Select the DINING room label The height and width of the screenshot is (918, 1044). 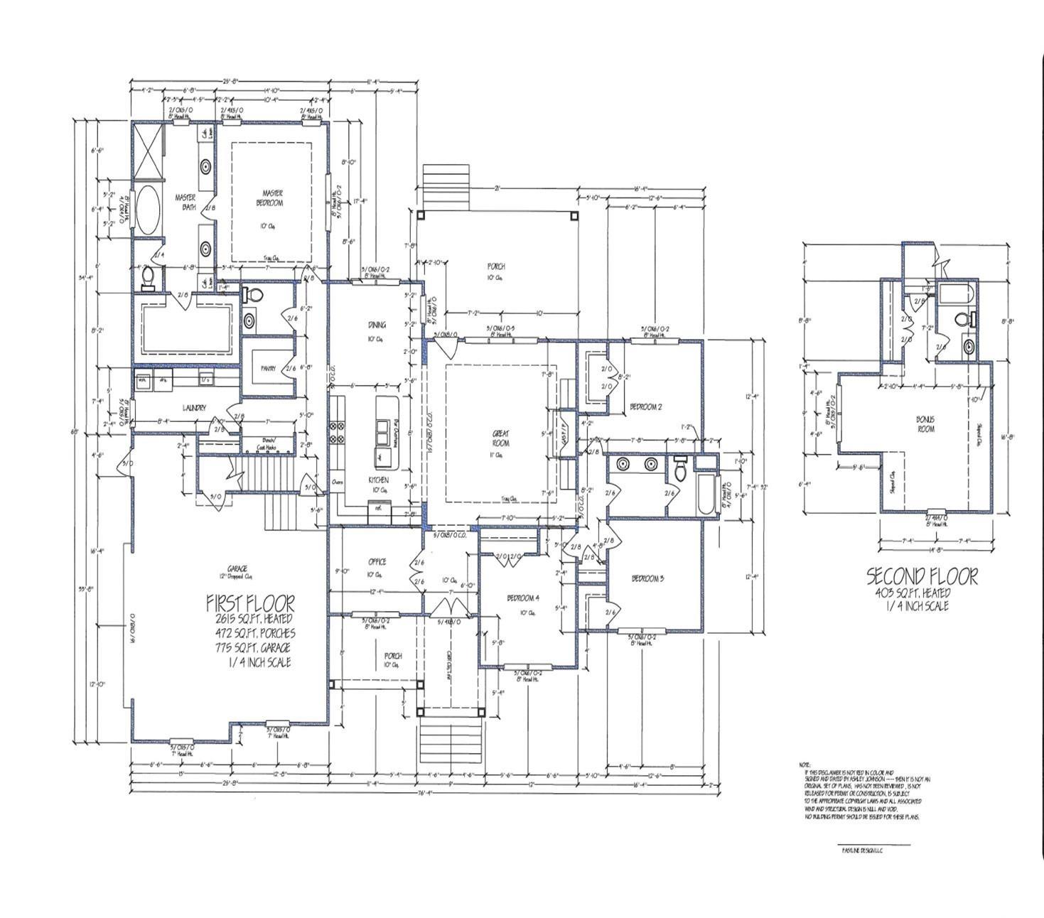pyautogui.click(x=377, y=325)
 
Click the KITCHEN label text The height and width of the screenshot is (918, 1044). pyautogui.click(x=378, y=480)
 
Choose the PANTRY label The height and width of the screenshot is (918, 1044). pyautogui.click(x=268, y=369)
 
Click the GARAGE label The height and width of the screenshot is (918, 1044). pyautogui.click(x=237, y=568)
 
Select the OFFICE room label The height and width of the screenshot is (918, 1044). pyautogui.click(x=377, y=562)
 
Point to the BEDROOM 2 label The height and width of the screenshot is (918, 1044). pyautogui.click(x=645, y=407)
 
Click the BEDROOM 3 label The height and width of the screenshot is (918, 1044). pyautogui.click(x=647, y=578)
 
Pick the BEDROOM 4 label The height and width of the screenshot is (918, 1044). pyautogui.click(x=523, y=598)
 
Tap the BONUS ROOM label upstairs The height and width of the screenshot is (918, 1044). pyautogui.click(x=925, y=424)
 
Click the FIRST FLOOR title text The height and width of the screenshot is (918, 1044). pyautogui.click(x=250, y=603)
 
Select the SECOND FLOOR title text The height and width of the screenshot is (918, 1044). pyautogui.click(x=922, y=576)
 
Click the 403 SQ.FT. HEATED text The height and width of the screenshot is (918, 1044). pyautogui.click(x=913, y=593)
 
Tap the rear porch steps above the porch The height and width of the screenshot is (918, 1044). pyautogui.click(x=446, y=186)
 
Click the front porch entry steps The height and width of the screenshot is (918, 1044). pyautogui.click(x=449, y=739)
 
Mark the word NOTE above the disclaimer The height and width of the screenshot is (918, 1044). pyautogui.click(x=804, y=765)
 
